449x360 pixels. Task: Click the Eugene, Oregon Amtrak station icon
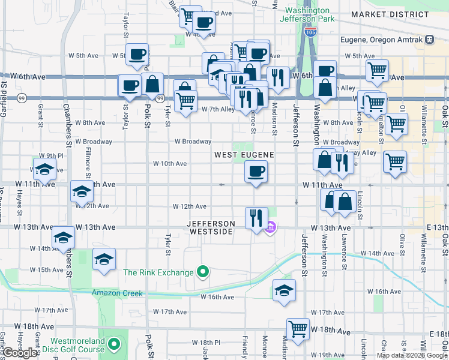pyautogui.click(x=429, y=40)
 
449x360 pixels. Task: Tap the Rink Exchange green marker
pyautogui.click(x=203, y=272)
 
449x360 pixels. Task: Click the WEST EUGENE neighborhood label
pyautogui.click(x=245, y=155)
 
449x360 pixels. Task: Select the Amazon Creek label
pyautogui.click(x=117, y=293)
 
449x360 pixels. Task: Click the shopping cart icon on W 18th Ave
pyautogui.click(x=298, y=329)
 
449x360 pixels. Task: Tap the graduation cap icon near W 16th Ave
pyautogui.click(x=285, y=290)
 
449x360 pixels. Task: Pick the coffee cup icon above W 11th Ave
pyautogui.click(x=256, y=172)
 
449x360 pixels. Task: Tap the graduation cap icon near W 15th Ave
pyautogui.click(x=104, y=259)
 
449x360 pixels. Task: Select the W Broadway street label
pyautogui.click(x=193, y=142)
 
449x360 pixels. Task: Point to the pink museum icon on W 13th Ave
pyautogui.click(x=271, y=226)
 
